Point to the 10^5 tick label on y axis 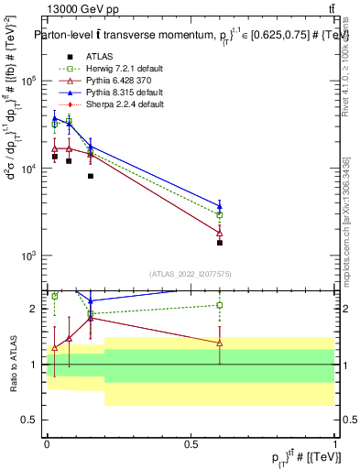[x=29, y=81]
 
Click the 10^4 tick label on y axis [x=29, y=169]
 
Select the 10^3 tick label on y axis [x=29, y=256]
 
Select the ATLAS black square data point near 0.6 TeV [x=220, y=243]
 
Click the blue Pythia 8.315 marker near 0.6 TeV [x=220, y=205]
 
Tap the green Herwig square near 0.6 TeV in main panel [x=220, y=214]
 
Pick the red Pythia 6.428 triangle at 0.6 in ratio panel [x=220, y=343]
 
